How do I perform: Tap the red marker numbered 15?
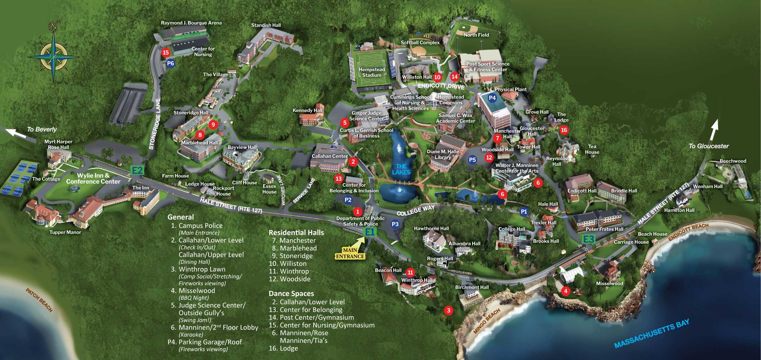tap(166, 52)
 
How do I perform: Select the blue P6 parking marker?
tap(171, 63)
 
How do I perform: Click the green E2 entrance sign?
tap(137, 170)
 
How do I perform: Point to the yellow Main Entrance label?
tap(350, 253)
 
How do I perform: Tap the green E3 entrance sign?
tap(589, 240)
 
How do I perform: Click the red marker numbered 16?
tap(564, 130)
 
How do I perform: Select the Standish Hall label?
tap(266, 25)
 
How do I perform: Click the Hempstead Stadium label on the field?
tap(372, 72)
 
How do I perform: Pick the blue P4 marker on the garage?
tap(492, 98)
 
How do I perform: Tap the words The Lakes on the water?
tap(401, 169)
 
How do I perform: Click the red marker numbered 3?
tap(448, 310)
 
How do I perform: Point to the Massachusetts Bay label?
tap(651, 334)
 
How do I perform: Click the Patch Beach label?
tap(39, 300)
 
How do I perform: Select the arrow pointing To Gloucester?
tap(714, 130)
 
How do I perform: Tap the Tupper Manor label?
tap(65, 232)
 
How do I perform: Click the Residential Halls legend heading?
tap(296, 232)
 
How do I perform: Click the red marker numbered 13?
tap(339, 179)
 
